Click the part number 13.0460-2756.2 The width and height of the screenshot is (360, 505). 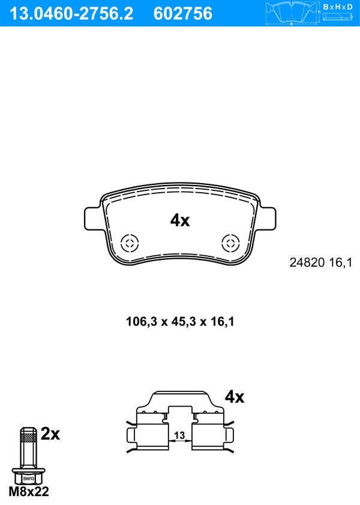(x=71, y=14)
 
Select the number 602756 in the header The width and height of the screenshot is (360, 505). (x=183, y=14)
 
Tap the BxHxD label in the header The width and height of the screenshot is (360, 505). (x=338, y=7)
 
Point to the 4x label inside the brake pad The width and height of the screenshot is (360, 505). (x=180, y=220)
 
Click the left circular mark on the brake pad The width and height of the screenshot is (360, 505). (x=130, y=243)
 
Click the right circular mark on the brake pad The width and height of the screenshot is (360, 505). (x=230, y=243)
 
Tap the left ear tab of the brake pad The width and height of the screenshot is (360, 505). (x=94, y=219)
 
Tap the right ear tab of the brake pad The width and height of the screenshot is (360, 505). (x=267, y=219)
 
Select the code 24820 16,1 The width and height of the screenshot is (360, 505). (x=321, y=262)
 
